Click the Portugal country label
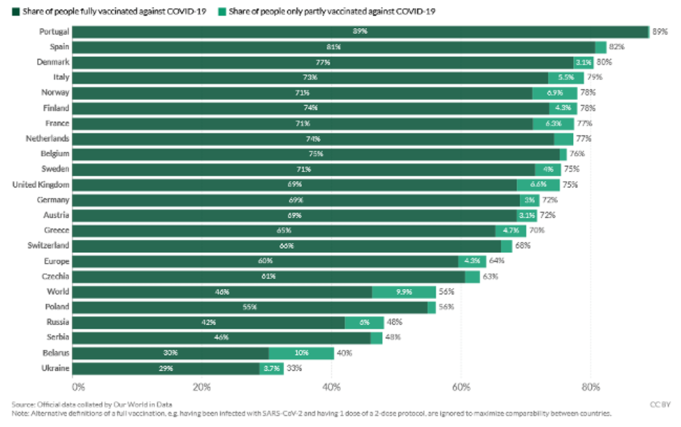coord(54,32)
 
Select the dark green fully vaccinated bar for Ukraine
coord(166,368)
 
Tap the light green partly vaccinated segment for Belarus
coord(301,353)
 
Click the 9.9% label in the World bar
coord(404,292)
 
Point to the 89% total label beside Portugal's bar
coord(660,32)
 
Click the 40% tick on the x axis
coord(331,387)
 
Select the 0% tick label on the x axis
coord(78,387)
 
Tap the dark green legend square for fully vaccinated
coord(16,12)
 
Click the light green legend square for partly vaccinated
coord(222,12)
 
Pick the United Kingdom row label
coord(41,185)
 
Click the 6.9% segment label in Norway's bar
coord(555,93)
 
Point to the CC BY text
coord(660,405)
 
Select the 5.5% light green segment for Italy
coord(566,78)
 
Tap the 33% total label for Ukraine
coord(294,368)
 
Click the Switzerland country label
coord(48,246)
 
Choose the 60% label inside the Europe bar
coord(265,261)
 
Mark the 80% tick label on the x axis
coord(590,387)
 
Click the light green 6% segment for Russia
coord(364,323)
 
